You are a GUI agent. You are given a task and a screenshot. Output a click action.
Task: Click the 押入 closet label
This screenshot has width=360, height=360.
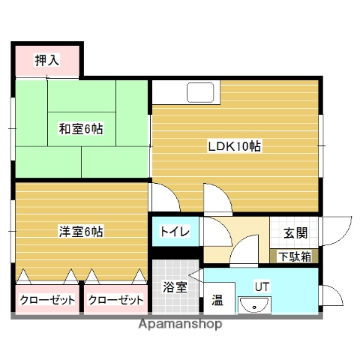point(46,61)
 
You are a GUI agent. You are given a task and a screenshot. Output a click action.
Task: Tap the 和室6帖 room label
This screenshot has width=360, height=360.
point(81,129)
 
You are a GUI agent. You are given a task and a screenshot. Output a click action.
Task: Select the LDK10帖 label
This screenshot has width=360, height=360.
point(234,147)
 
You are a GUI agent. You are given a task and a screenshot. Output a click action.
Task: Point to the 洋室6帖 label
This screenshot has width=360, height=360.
point(81,231)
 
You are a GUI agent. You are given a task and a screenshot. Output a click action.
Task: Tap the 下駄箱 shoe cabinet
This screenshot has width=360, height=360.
point(293,256)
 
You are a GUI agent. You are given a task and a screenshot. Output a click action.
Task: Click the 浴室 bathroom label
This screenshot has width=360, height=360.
point(175,286)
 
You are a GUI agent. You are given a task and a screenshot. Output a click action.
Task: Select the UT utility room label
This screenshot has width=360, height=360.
point(261,286)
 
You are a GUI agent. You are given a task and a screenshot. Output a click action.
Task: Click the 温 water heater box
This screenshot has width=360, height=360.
point(217,301)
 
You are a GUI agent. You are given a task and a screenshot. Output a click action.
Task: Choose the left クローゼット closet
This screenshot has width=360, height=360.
point(46,300)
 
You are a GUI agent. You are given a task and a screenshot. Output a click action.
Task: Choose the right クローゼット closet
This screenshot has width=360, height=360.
point(115,300)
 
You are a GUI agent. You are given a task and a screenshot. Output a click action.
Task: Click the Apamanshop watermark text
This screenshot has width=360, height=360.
point(181,325)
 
